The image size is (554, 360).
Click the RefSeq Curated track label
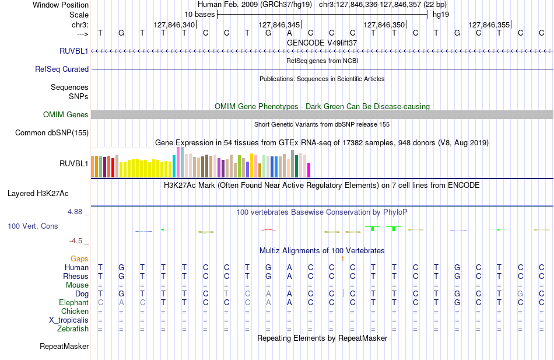point(62,69)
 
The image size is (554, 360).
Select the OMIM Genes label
point(66,114)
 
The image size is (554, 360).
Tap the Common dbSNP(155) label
point(52,133)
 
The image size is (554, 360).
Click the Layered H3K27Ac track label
point(38,194)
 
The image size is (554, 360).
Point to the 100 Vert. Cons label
point(33,226)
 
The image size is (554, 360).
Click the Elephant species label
point(74,303)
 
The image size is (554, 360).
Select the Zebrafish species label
point(73,329)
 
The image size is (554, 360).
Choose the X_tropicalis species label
point(69,320)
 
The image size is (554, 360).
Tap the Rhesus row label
point(76,276)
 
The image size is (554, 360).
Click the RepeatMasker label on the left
point(64,347)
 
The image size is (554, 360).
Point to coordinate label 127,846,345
point(279,25)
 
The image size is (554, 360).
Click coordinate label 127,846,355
point(489,25)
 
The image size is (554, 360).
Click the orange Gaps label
point(79,259)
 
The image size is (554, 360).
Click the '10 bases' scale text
point(199,15)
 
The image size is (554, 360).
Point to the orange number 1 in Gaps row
point(342,259)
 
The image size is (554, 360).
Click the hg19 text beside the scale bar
point(441,15)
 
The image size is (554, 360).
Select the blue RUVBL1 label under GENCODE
point(74,51)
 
